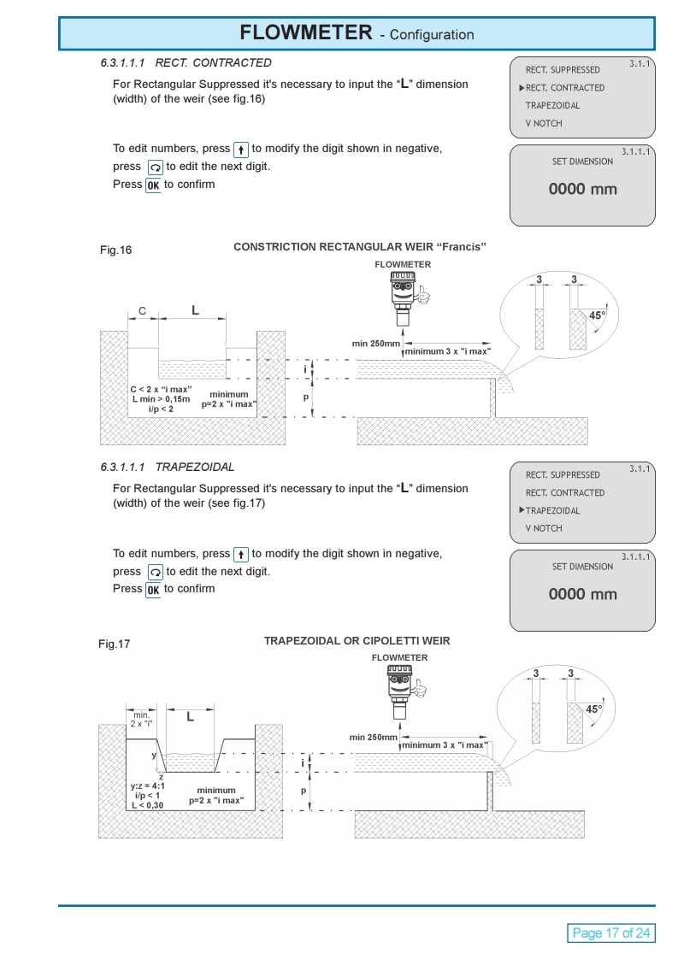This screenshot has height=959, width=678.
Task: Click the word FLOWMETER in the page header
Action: coord(305,32)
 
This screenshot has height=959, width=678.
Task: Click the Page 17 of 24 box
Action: coord(610,933)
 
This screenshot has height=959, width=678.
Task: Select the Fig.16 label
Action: coord(115,250)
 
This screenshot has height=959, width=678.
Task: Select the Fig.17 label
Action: coord(115,644)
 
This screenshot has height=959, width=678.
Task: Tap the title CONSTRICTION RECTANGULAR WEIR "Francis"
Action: coord(359,247)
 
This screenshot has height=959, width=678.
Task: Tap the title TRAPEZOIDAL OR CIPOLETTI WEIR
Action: coord(357,640)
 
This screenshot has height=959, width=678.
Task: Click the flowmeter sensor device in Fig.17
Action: coord(400,690)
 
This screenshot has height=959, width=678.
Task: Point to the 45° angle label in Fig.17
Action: coord(593,709)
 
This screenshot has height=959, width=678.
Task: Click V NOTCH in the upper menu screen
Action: coord(544,123)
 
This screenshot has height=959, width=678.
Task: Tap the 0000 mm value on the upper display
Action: coord(582,189)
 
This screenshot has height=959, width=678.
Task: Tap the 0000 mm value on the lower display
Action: coord(582,594)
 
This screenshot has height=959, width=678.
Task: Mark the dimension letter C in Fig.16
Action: coord(142,310)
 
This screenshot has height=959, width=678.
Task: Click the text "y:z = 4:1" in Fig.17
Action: coord(148,785)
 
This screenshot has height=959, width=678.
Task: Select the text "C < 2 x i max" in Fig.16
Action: coord(161,389)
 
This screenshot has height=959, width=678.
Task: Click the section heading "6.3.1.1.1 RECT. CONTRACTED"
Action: coord(186,62)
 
